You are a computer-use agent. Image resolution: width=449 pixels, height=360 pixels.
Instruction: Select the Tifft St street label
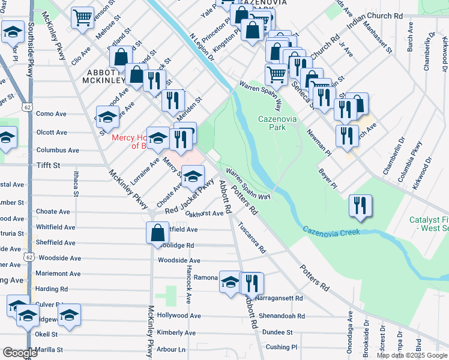(x=50, y=164)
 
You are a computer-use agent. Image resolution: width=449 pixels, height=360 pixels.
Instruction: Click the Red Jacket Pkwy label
(x=190, y=199)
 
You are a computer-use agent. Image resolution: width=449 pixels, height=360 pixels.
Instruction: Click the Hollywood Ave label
(x=178, y=315)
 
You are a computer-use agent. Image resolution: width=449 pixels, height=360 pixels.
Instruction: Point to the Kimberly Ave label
(x=176, y=332)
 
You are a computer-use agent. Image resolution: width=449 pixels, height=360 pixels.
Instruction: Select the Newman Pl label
(x=318, y=142)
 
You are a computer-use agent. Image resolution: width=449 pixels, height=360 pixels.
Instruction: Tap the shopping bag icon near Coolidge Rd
(x=157, y=233)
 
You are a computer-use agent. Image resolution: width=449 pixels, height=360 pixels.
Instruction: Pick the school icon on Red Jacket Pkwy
(x=193, y=176)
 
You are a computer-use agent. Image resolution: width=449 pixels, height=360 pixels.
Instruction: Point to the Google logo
(x=20, y=353)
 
